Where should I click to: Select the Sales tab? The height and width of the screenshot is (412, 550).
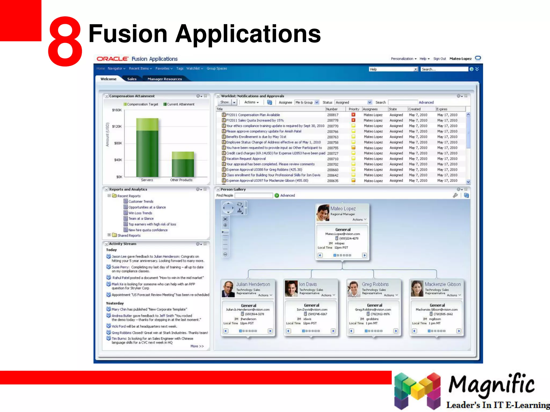(132, 79)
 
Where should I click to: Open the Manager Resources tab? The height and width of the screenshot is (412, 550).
(165, 79)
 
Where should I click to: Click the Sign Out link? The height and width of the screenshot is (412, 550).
(439, 59)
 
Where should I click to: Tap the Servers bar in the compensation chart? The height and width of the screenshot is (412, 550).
(147, 150)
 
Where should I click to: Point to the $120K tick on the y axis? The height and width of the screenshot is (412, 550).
(117, 126)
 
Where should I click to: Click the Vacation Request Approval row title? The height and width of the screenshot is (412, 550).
(246, 159)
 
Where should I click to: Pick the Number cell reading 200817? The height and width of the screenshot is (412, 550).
(332, 115)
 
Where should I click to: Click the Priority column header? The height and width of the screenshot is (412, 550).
(354, 109)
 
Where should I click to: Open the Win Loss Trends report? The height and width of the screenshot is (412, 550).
(140, 213)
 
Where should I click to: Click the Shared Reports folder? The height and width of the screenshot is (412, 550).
(129, 236)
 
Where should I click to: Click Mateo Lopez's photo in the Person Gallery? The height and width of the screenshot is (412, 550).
(323, 212)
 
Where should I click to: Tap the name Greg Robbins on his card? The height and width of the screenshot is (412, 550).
(375, 284)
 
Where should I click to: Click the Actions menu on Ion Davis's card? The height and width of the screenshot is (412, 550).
(328, 295)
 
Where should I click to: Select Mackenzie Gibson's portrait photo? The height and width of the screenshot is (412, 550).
(417, 288)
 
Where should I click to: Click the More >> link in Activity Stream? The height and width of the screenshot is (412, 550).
(197, 346)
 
